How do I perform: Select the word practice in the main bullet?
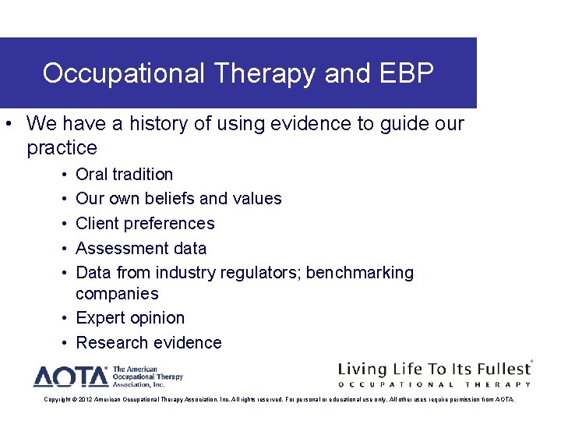62,148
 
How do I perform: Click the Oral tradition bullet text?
124,174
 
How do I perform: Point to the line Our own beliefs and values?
178,199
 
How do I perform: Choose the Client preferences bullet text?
145,224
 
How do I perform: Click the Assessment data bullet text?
141,249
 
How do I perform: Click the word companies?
117,294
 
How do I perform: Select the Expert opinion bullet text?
130,318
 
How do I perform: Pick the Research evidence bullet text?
148,343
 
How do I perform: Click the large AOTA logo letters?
70,377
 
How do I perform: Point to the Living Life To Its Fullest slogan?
433,368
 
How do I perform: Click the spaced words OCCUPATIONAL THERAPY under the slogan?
434,384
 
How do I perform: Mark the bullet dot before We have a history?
7,124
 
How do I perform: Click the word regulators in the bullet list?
261,273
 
